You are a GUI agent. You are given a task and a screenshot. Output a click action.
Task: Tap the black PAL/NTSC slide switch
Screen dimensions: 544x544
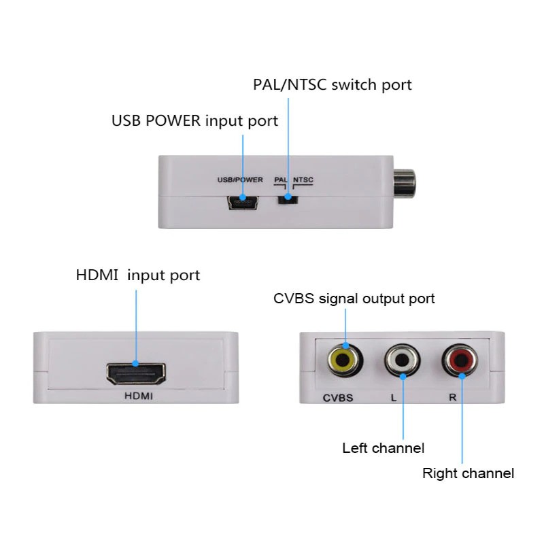tap(288, 199)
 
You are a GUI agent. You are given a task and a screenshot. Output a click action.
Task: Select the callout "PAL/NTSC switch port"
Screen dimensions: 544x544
tap(333, 85)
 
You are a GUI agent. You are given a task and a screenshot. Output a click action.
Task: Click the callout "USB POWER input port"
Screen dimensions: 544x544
tap(194, 121)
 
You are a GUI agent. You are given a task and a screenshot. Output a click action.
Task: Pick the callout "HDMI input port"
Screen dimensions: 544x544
tap(138, 275)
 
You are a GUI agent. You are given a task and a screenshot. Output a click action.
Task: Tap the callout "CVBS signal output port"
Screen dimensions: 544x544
tap(354, 299)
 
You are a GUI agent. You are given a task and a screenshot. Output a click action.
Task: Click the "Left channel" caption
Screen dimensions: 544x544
tap(383, 448)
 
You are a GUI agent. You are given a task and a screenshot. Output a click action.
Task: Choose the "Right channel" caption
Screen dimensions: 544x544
tap(468, 473)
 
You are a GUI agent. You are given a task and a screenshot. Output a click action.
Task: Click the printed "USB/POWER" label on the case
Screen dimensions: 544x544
tap(239, 180)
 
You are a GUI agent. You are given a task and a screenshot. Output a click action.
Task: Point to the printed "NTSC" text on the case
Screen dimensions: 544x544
tap(304, 180)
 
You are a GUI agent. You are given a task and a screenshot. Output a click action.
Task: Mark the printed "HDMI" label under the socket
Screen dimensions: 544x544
tap(137, 397)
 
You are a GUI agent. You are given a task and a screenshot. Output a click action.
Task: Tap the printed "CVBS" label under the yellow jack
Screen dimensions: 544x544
tap(337, 398)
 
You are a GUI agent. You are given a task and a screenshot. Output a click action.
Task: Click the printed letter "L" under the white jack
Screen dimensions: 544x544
tap(394, 398)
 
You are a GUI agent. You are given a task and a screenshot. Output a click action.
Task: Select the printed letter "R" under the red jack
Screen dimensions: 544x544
tap(452, 398)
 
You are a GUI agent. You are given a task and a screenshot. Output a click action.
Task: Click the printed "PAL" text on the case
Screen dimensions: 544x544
tap(280, 180)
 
